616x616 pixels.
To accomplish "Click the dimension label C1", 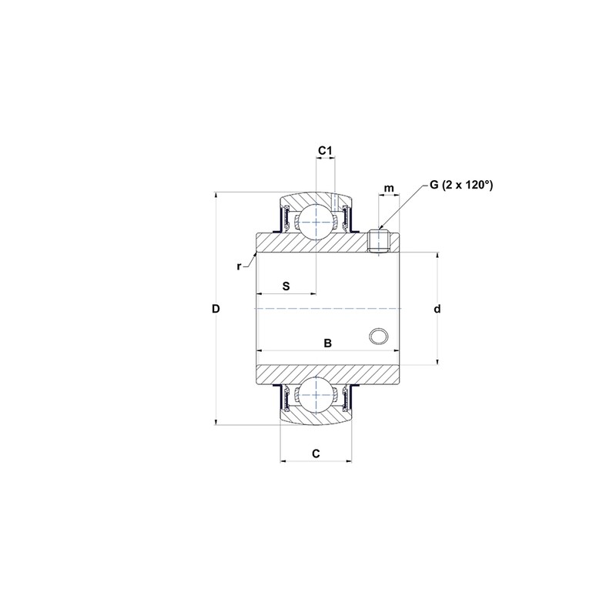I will pyautogui.click(x=325, y=150).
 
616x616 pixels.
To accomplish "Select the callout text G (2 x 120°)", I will pyautogui.click(x=460, y=185).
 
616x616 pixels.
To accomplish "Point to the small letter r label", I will pyautogui.click(x=239, y=266).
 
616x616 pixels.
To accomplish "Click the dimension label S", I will pyautogui.click(x=286, y=286).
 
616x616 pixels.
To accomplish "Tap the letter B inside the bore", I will pyautogui.click(x=327, y=343).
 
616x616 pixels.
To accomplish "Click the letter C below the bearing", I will pyautogui.click(x=316, y=454).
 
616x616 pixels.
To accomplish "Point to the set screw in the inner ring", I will pyautogui.click(x=377, y=241).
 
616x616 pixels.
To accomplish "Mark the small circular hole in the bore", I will pyautogui.click(x=377, y=336).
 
